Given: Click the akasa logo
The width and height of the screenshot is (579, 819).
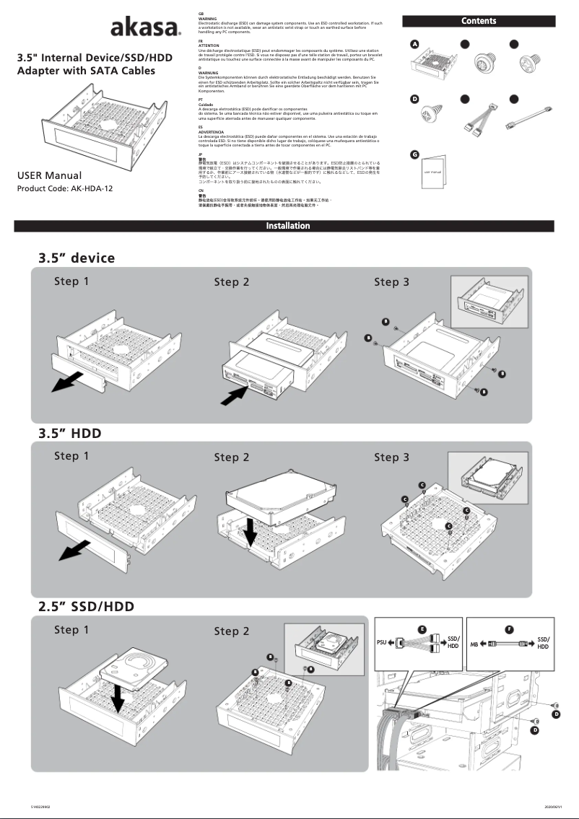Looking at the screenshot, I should pos(144,29).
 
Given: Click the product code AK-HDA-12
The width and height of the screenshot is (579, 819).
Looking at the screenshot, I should pos(65,189).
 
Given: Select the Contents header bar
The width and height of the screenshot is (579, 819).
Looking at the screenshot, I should pos(479,21).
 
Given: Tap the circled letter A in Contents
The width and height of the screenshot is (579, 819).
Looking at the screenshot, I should pos(414,44).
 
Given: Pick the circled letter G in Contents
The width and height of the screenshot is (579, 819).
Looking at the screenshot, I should pos(414,154).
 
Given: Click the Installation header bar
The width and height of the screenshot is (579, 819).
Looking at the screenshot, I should pos(289,226).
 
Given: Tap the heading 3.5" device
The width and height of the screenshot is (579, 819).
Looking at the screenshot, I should pos(77,258).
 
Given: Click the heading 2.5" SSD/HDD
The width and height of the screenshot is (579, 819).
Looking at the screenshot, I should pos(87,606).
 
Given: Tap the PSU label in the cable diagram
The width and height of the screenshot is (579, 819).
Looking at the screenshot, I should pos(382,642).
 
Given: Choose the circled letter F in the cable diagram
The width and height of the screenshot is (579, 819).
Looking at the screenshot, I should pos(510,629).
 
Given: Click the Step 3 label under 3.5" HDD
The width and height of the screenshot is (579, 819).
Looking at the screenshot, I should pos(391,457).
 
